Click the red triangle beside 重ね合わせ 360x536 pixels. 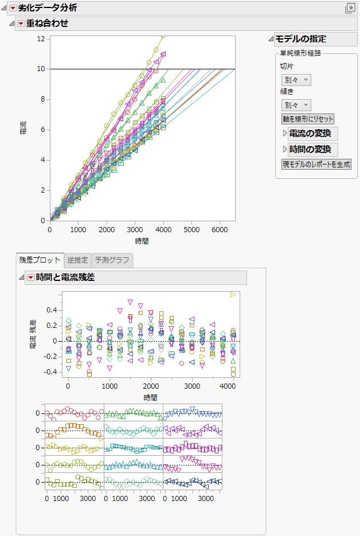tap(21, 24)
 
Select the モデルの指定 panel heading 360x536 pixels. tap(301, 39)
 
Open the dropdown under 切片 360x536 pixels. tap(296, 80)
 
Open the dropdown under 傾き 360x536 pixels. tap(296, 105)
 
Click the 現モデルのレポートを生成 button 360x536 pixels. tap(316, 164)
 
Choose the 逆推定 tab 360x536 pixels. tap(76, 260)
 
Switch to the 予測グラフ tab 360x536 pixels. tap(112, 260)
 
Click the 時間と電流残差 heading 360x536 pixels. tap(65, 277)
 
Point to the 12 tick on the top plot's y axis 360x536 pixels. tap(41, 38)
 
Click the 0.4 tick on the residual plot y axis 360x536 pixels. tap(53, 310)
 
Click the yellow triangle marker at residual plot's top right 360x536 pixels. tap(233, 294)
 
